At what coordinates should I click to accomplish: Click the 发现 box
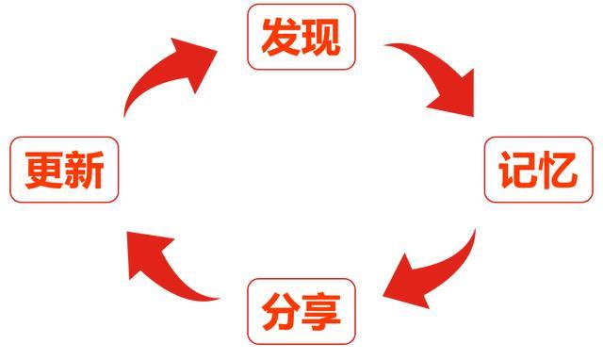301,37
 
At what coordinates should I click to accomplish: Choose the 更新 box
64,170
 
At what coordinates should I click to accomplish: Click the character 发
282,37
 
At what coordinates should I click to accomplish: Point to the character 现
321,37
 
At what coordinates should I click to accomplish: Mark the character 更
44,170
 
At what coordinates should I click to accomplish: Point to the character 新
85,170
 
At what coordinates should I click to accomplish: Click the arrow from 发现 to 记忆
433,71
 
